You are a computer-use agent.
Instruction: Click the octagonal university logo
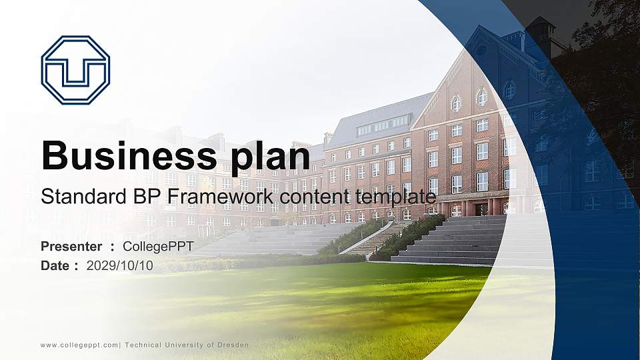(x=75, y=70)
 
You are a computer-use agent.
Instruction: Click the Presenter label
(x=71, y=247)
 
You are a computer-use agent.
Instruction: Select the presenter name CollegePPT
(x=159, y=247)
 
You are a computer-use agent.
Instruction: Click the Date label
(x=55, y=265)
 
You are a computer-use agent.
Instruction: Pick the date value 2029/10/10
(x=120, y=265)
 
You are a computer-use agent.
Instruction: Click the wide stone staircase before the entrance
(x=460, y=240)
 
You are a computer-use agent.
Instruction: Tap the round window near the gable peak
(x=481, y=50)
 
